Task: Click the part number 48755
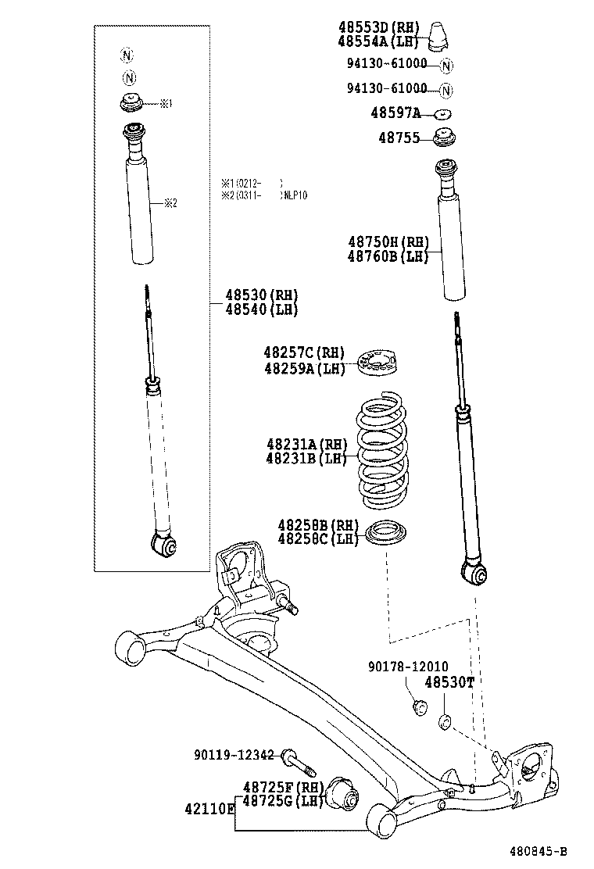(396, 138)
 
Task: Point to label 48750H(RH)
(388, 242)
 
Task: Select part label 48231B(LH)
(306, 459)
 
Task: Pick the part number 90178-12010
(408, 667)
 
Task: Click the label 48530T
(449, 682)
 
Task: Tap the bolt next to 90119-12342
(294, 759)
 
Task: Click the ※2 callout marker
(170, 203)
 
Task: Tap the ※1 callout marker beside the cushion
(166, 103)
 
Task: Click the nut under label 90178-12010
(419, 708)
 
